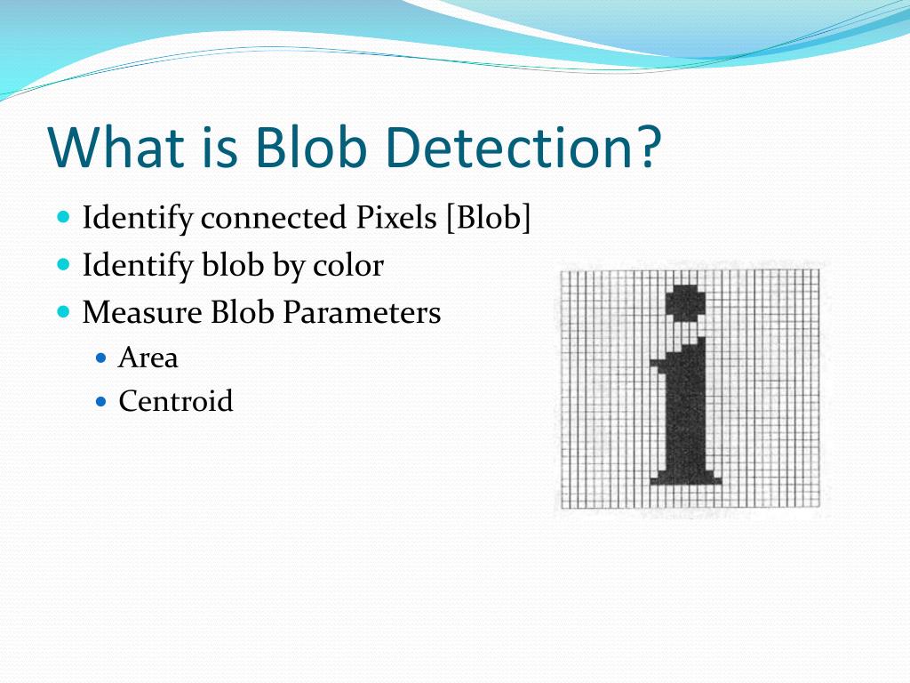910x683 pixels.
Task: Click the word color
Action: coord(347,265)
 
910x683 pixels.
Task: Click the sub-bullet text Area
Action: coord(148,358)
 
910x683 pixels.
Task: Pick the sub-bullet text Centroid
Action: coord(175,401)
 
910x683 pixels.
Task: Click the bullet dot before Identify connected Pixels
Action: coord(63,217)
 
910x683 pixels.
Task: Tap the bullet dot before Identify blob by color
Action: coord(63,264)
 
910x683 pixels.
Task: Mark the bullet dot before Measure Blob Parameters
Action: coord(63,312)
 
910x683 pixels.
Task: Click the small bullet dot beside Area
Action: coord(101,358)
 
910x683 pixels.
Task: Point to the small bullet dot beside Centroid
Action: coord(101,401)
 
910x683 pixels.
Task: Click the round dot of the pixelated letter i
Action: coord(686,303)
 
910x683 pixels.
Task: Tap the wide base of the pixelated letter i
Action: coord(684,478)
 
